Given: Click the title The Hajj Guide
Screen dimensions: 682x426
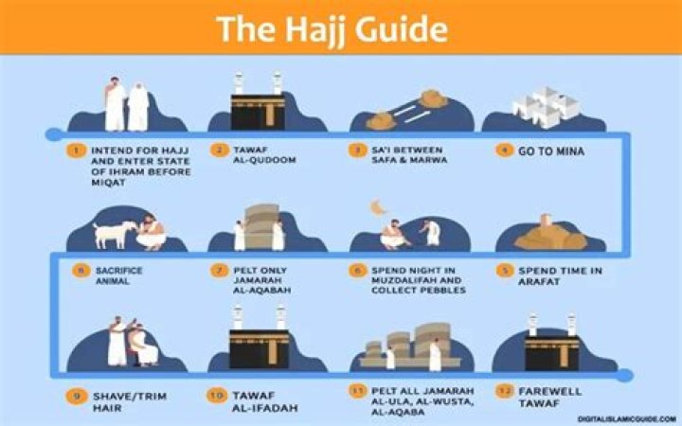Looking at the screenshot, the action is pyautogui.click(x=332, y=29).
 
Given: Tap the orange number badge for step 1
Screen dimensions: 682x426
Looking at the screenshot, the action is pyautogui.click(x=76, y=151).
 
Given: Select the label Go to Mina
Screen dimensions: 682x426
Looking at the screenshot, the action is pyautogui.click(x=551, y=151).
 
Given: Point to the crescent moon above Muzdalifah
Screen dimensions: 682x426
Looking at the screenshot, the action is pyautogui.click(x=378, y=207).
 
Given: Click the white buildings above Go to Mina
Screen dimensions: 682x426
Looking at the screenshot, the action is pyautogui.click(x=545, y=107).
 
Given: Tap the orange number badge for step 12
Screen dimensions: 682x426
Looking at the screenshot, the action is pyautogui.click(x=505, y=391).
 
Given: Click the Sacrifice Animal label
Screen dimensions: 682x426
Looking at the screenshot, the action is pyautogui.click(x=118, y=275).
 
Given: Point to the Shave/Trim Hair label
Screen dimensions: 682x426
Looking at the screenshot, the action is pyautogui.click(x=130, y=402).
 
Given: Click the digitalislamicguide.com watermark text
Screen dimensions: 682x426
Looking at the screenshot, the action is pyautogui.click(x=627, y=419).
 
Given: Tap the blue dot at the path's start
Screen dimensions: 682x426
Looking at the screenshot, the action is pyautogui.click(x=54, y=134).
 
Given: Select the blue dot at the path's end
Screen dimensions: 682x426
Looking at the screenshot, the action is pyautogui.click(x=624, y=375).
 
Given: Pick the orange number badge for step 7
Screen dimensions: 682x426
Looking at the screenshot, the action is pyautogui.click(x=219, y=271).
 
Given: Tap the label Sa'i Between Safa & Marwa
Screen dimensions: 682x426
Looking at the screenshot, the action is pyautogui.click(x=409, y=154).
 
